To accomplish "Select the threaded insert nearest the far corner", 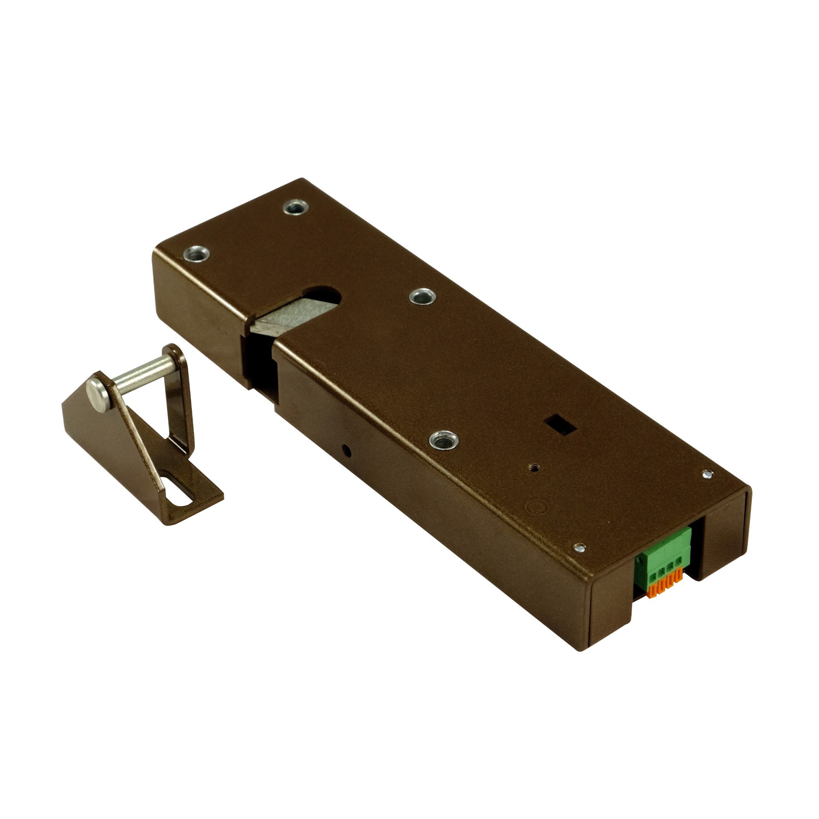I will [296, 207].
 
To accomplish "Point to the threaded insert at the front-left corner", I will [196, 253].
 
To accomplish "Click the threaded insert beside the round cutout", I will [423, 296].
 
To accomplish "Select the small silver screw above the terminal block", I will [580, 548].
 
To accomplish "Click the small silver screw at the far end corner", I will [706, 475].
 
